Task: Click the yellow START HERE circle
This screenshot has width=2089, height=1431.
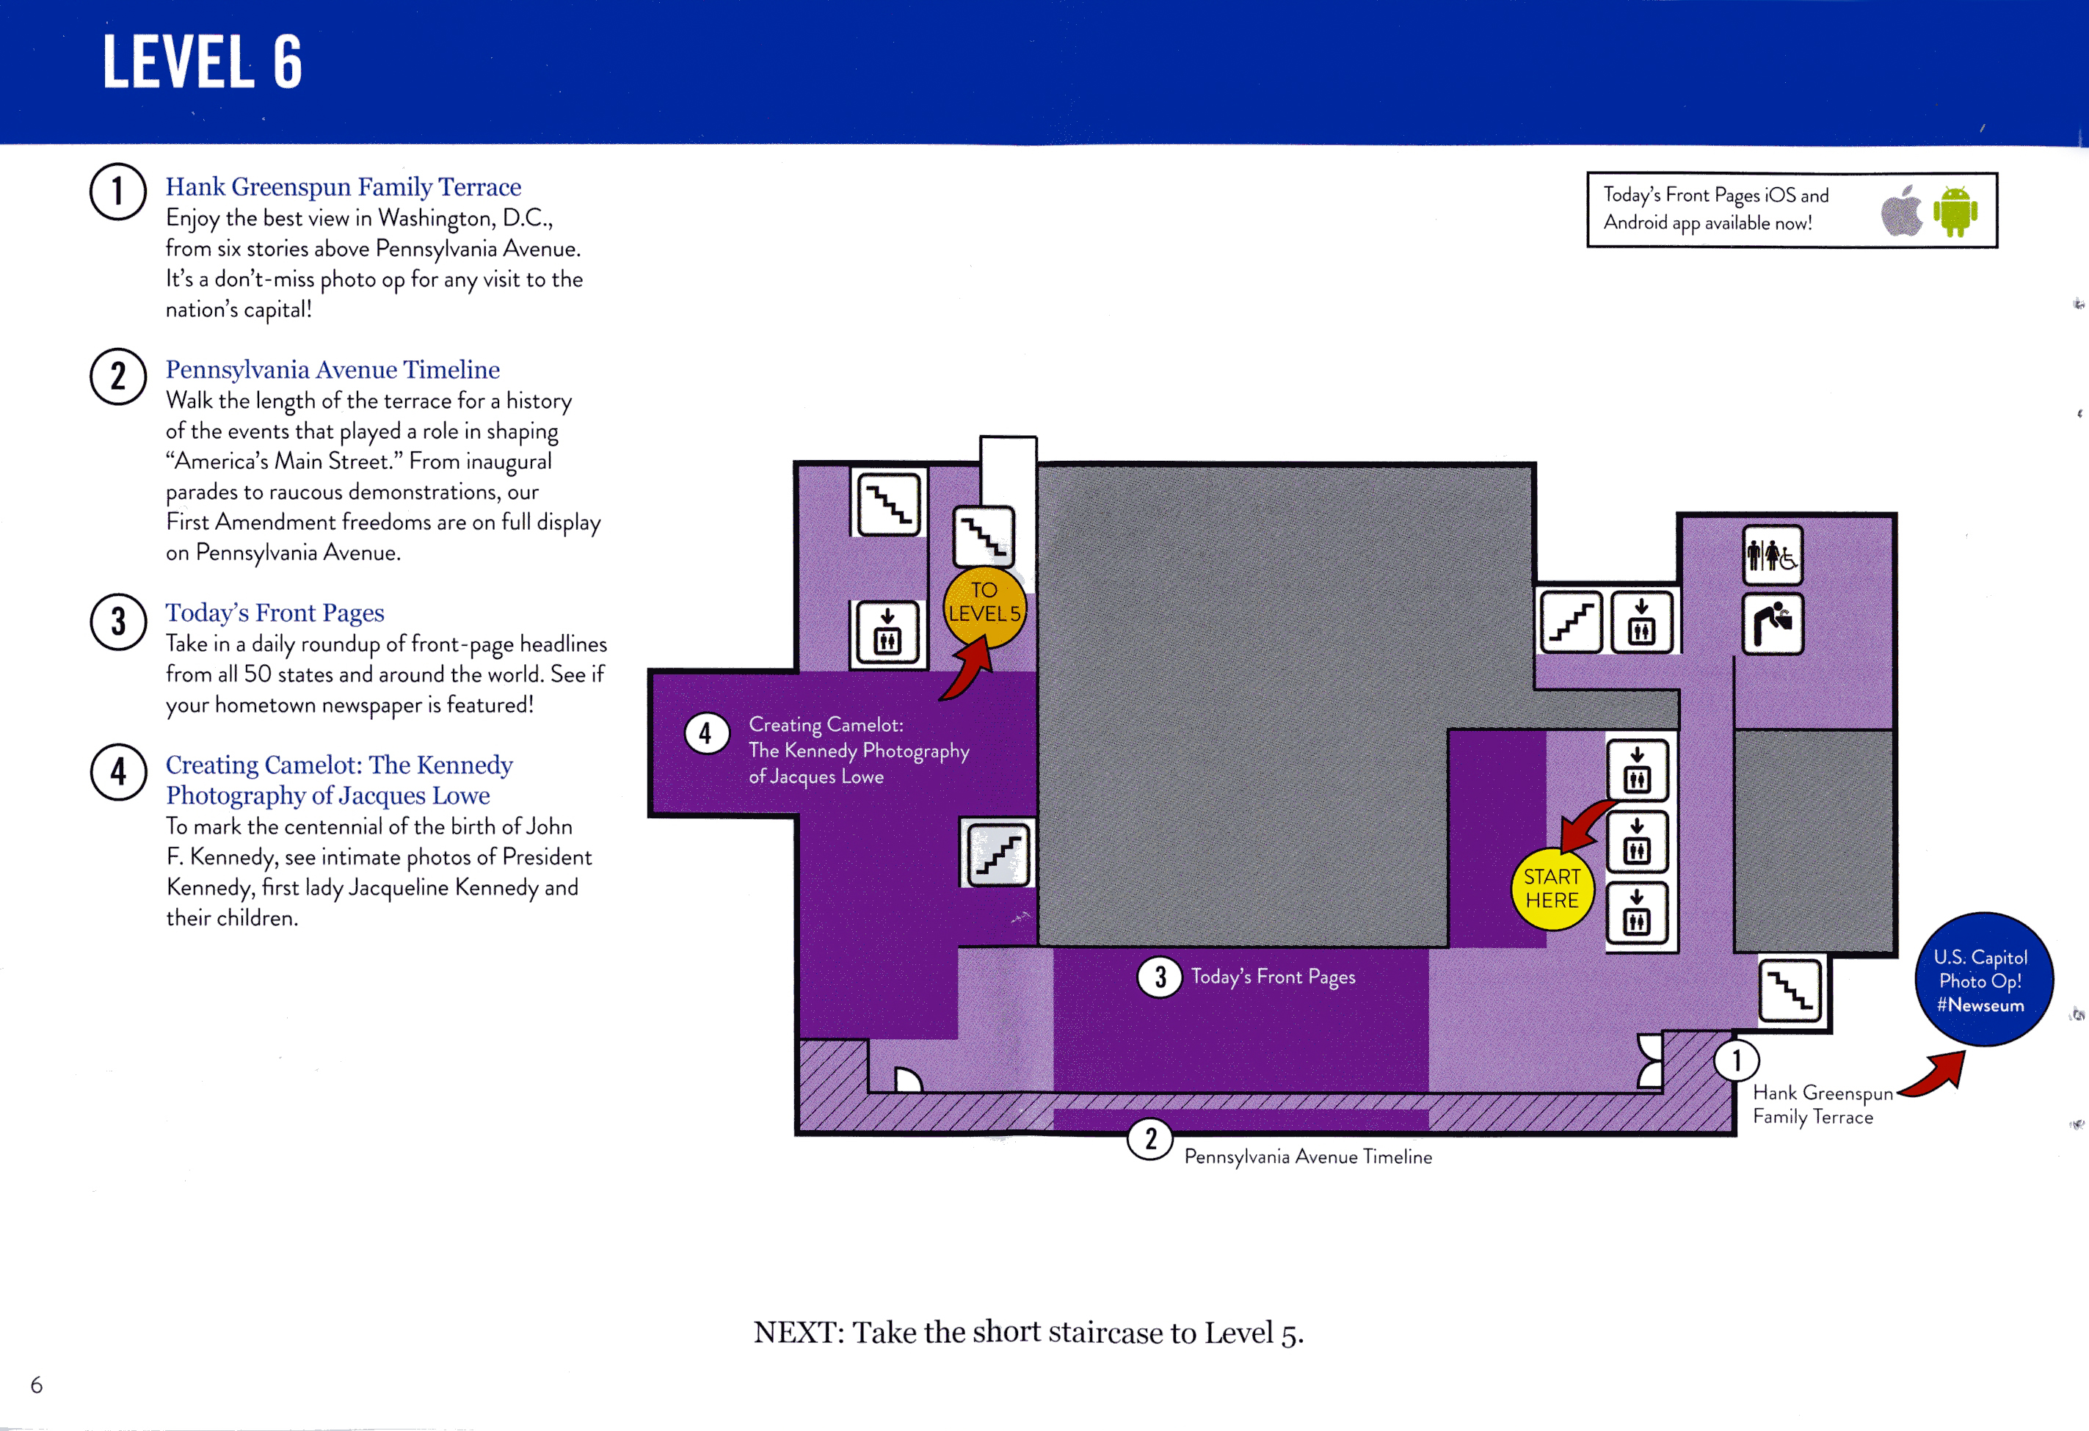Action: point(1552,889)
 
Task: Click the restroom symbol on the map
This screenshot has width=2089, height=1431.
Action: point(1773,556)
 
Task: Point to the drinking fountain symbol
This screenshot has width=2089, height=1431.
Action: point(1773,623)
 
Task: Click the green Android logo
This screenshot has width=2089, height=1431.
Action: point(1955,211)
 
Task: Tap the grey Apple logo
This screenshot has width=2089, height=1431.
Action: point(1901,211)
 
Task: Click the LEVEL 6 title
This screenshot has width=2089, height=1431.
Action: point(203,62)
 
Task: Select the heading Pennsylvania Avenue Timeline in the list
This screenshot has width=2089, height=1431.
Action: point(333,369)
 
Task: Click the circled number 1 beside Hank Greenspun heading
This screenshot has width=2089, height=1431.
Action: point(117,192)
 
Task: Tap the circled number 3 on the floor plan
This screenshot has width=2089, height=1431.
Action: point(1160,976)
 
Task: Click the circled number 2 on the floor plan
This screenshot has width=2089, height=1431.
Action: point(1151,1139)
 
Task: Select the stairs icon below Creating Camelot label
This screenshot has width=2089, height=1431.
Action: point(998,852)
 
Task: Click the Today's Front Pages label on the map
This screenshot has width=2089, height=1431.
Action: point(1273,977)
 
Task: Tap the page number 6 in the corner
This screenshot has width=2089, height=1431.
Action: point(37,1384)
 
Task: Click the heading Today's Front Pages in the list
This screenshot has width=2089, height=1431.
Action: point(275,612)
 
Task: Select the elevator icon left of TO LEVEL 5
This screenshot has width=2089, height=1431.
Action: point(887,633)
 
